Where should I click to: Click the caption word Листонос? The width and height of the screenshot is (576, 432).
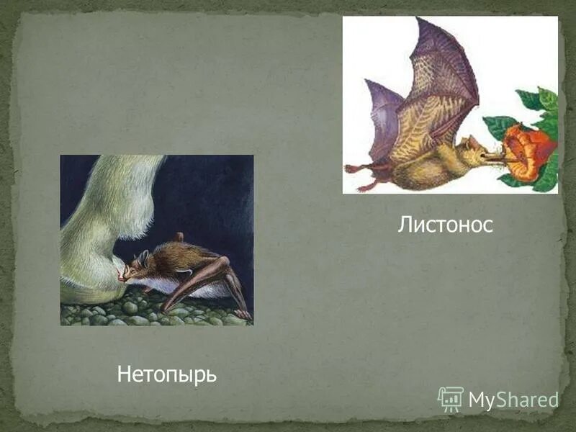pyautogui.click(x=445, y=225)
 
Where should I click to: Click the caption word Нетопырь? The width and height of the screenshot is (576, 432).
pyautogui.click(x=166, y=374)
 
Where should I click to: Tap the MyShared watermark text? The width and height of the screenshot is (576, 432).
pyautogui.click(x=513, y=400)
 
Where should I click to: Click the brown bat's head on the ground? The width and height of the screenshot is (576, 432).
pyautogui.click(x=137, y=267)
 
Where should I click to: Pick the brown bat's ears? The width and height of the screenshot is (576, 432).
pyautogui.click(x=144, y=256)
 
